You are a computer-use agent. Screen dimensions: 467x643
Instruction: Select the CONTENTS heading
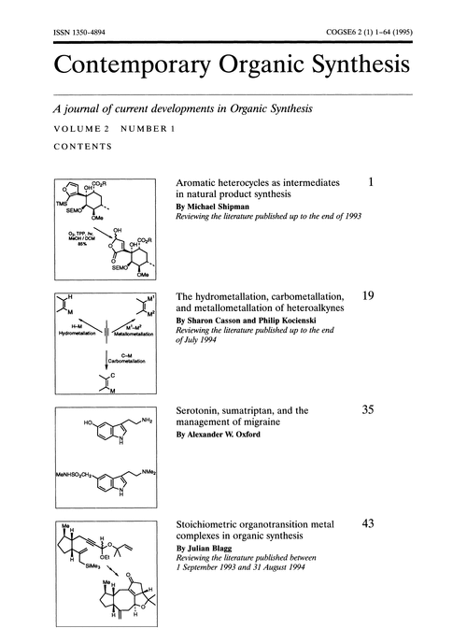(x=84, y=147)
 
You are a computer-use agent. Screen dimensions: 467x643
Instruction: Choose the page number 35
(x=368, y=409)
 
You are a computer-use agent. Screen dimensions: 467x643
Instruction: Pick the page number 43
(x=368, y=525)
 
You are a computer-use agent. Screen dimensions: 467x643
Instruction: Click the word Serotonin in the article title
(x=202, y=410)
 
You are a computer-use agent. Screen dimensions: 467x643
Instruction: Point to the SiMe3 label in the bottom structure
(x=90, y=579)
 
